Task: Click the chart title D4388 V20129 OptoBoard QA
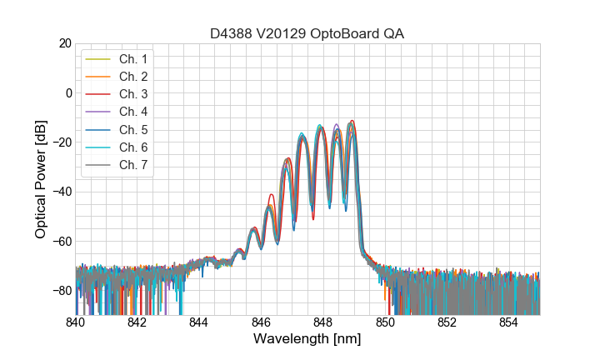coord(307,33)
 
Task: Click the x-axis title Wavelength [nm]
coord(307,340)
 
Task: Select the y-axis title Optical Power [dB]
coord(41,179)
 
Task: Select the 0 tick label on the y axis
coord(67,92)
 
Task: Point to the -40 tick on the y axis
coord(61,192)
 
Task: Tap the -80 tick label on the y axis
coord(61,291)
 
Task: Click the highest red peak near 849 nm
coord(352,121)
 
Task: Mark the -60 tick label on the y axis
coord(61,242)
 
